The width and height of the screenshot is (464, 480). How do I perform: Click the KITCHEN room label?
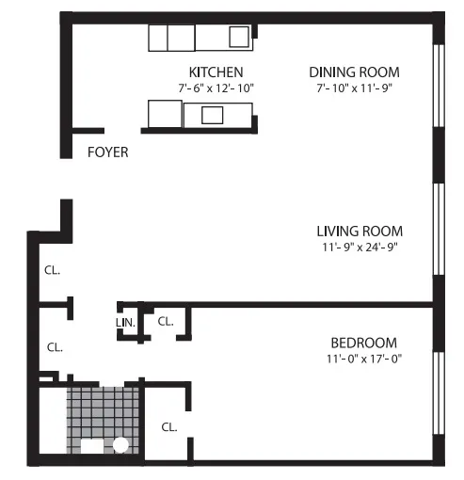(216, 72)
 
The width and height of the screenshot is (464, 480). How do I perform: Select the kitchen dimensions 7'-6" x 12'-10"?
(216, 88)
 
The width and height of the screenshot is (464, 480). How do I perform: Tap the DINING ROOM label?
(354, 72)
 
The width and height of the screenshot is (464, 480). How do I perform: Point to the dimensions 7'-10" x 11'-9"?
(354, 88)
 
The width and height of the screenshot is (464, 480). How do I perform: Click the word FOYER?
(107, 152)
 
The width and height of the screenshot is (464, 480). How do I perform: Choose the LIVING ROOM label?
(360, 232)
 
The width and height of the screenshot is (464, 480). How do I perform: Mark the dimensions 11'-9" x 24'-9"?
(360, 248)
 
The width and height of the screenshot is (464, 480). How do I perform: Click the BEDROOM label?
(363, 343)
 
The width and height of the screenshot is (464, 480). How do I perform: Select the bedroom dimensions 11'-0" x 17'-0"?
(363, 359)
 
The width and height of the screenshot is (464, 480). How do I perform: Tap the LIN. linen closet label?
(126, 323)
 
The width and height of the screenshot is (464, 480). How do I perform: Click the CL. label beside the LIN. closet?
(166, 321)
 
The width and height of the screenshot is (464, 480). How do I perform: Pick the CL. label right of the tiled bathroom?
(169, 426)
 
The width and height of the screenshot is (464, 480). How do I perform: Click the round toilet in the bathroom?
(120, 445)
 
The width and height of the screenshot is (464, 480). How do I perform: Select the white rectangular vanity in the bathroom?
(93, 447)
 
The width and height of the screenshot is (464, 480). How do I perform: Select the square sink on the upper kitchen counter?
(239, 37)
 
